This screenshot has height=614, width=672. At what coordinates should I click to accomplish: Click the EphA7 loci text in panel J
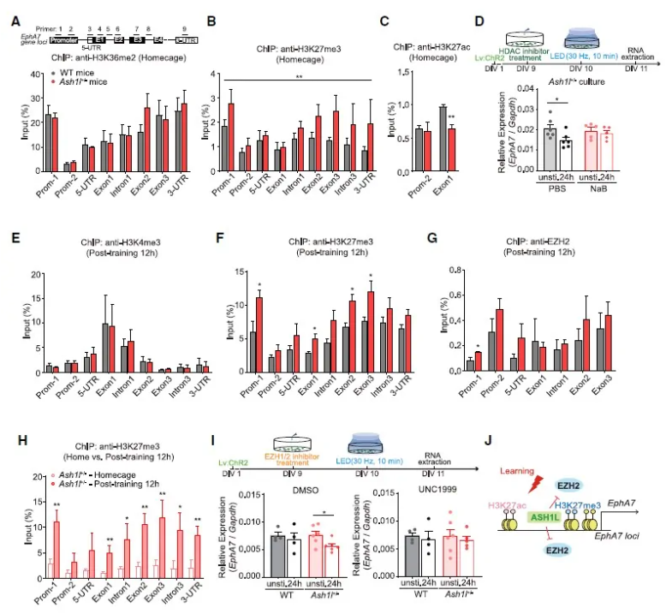tap(615, 559)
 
